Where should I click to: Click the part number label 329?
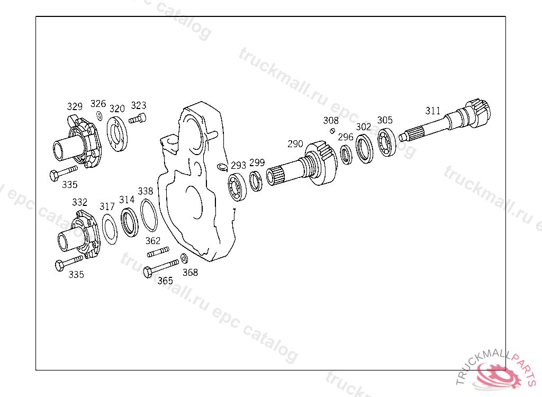pos(75,106)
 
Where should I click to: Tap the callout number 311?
pos(433,111)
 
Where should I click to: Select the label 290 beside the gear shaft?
pos(295,144)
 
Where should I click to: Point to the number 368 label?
pos(190,273)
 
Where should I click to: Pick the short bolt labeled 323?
pos(138,119)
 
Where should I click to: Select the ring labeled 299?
pos(256,181)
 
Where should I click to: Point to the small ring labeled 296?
pos(347,156)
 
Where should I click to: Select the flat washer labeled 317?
pos(110,229)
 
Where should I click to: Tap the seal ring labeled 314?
pos(129,222)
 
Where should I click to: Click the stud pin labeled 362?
pos(158,251)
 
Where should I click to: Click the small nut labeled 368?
pos(184,258)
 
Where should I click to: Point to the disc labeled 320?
pos(117,134)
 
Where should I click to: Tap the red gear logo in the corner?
pos(498,375)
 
